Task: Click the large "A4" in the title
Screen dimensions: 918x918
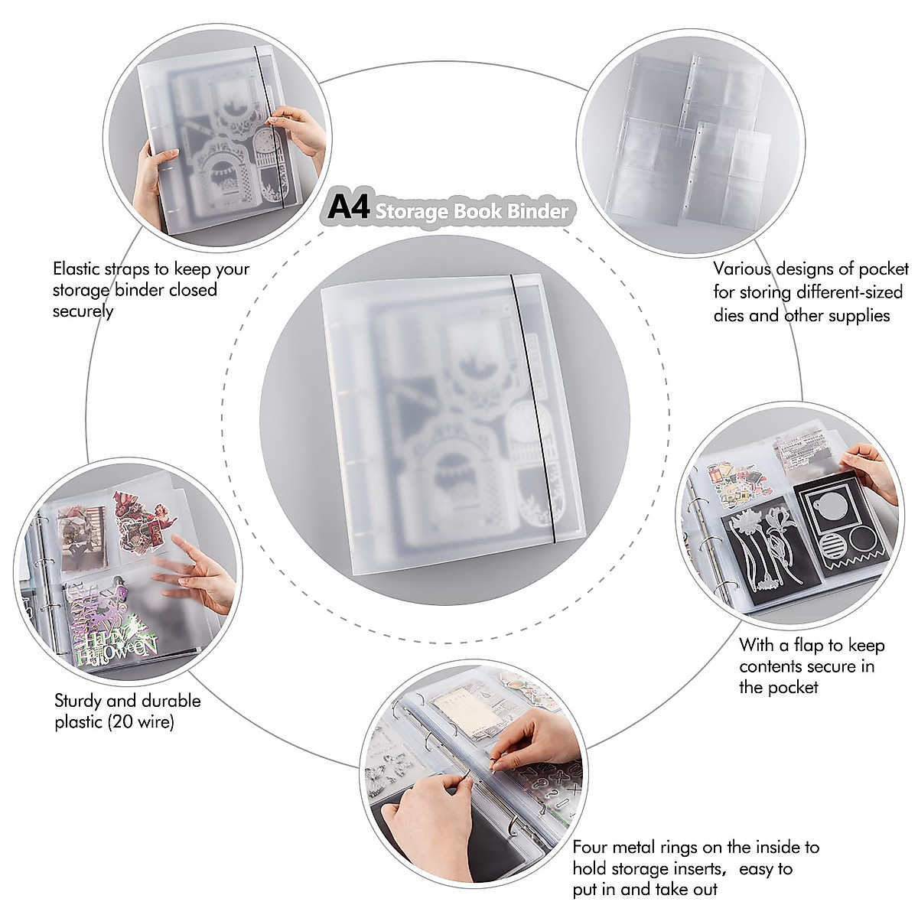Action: (x=349, y=207)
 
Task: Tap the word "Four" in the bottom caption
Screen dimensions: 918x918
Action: (x=592, y=847)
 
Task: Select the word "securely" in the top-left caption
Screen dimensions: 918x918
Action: (x=83, y=311)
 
